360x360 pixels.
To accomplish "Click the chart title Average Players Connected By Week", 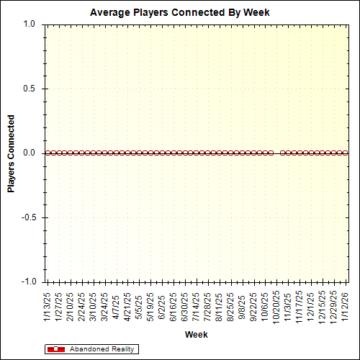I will point(180,12).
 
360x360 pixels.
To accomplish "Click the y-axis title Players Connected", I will point(11,153).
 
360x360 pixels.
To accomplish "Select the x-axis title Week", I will point(196,335).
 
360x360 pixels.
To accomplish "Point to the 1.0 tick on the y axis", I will point(30,24).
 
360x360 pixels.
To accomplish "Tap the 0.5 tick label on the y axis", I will point(30,89).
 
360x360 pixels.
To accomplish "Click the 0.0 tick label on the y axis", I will point(30,153).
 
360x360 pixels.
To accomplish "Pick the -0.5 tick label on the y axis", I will point(28,217).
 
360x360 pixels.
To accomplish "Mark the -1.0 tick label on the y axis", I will point(28,282).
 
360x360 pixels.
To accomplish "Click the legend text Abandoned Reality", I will point(102,349).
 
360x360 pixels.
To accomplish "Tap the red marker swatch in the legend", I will point(55,349).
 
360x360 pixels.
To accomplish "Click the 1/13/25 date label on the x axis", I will point(48,306).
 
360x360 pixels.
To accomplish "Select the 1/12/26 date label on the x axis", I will point(346,306).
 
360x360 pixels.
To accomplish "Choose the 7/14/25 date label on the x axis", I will point(197,306).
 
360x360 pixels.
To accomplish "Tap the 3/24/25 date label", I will point(104,306).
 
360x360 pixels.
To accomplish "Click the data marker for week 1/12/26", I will point(346,153).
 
